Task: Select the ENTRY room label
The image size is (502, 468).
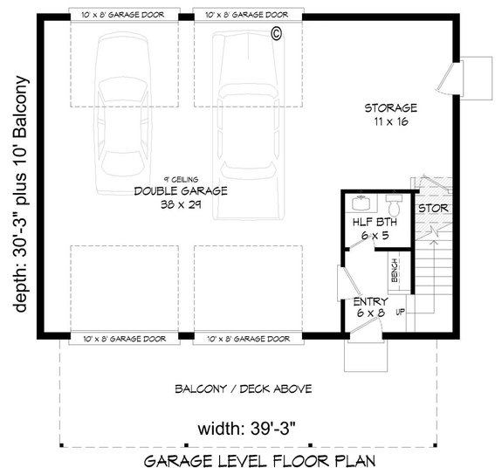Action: pos(371,301)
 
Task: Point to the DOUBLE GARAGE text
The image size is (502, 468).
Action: pos(181,191)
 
